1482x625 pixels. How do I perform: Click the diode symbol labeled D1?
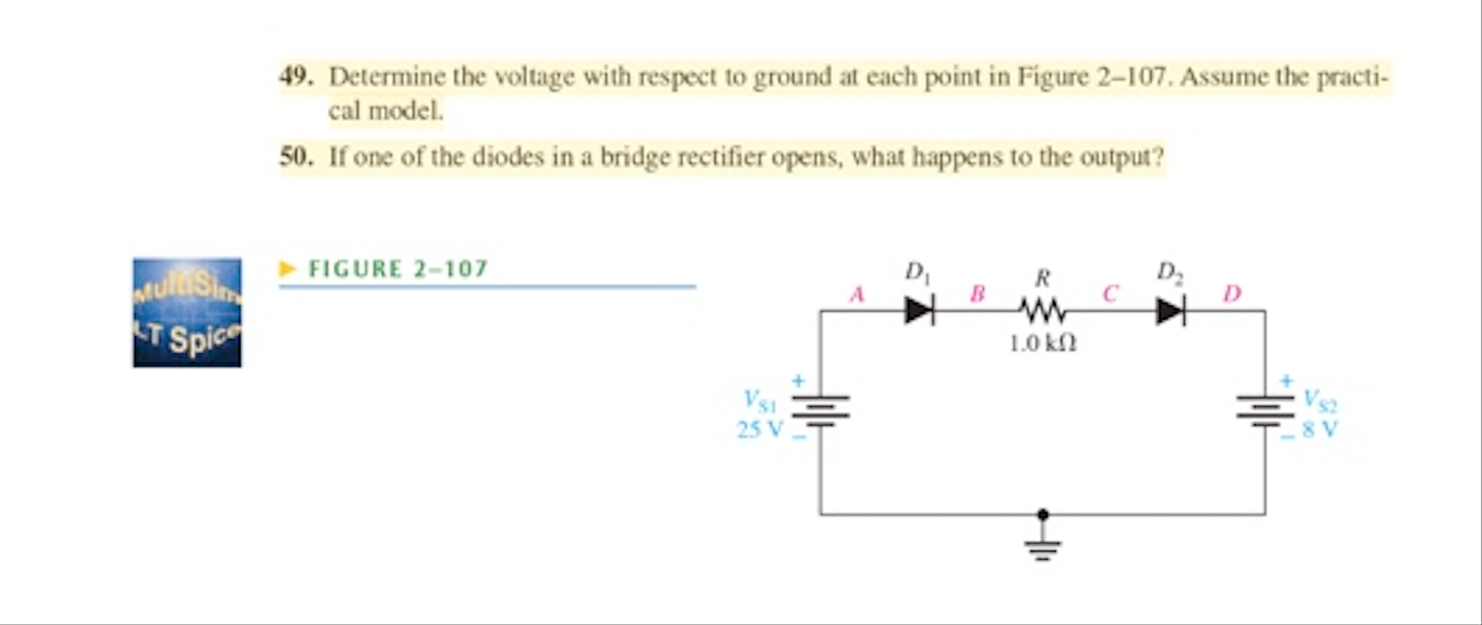coord(919,312)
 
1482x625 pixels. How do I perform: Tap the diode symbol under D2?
coord(1170,312)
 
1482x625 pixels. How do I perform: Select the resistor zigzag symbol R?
coord(1042,312)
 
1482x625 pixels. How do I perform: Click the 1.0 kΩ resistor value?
coord(1043,343)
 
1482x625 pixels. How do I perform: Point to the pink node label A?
coord(856,294)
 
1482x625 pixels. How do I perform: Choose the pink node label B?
coord(977,294)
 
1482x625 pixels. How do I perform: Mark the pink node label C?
coord(1109,294)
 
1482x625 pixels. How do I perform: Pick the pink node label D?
coord(1232,294)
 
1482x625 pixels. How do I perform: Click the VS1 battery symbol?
coord(820,411)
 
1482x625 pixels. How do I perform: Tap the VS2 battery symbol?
coord(1265,411)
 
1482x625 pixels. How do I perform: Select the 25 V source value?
coord(759,429)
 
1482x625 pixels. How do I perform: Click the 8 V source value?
coord(1319,429)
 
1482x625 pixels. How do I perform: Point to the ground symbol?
coord(1043,547)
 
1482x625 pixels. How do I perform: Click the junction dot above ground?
coord(1043,514)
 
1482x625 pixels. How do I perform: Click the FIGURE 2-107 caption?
coord(398,269)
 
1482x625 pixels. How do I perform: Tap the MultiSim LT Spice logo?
coord(187,312)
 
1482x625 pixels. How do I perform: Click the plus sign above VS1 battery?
coord(797,381)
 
